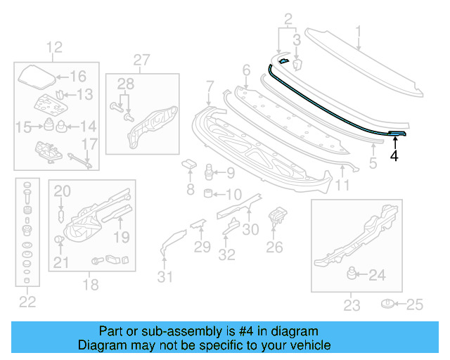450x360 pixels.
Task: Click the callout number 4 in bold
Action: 394,156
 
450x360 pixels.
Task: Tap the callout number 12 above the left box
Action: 54,48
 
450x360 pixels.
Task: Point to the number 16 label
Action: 77,77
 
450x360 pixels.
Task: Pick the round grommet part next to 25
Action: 387,304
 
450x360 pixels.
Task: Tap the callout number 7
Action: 210,86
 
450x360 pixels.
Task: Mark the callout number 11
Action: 342,186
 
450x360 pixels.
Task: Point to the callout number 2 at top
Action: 288,18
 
